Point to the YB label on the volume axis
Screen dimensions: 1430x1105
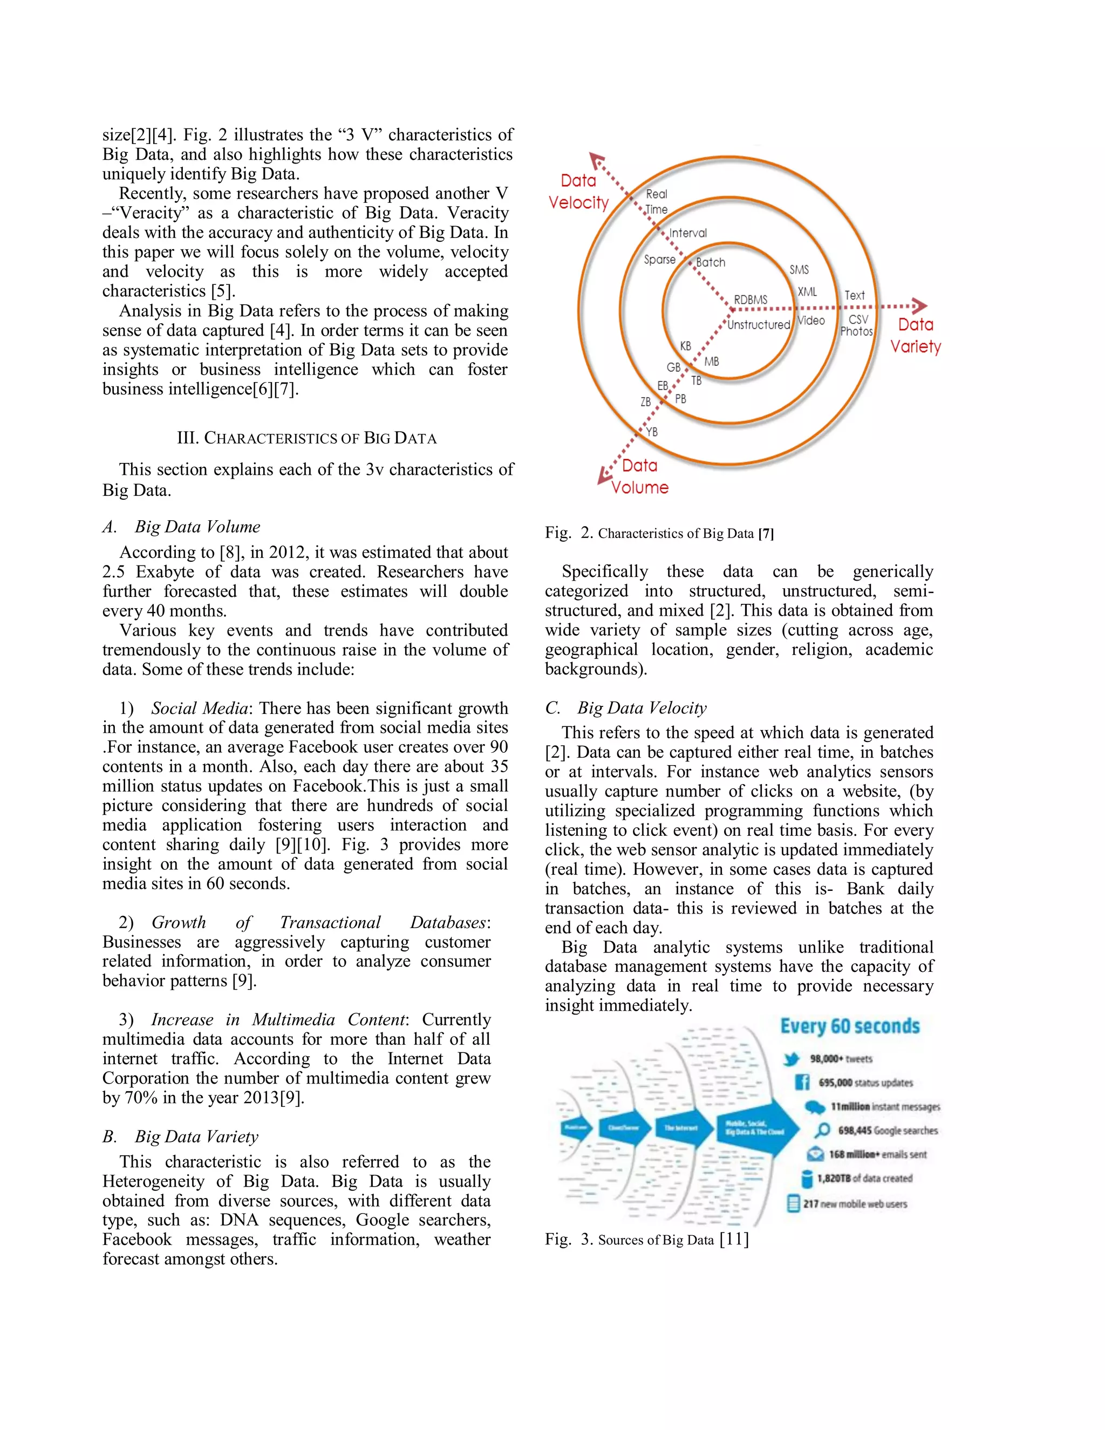click(651, 432)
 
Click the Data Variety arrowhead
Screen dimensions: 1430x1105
click(920, 306)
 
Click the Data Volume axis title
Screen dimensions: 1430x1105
click(639, 476)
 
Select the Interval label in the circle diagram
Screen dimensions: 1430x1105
click(687, 233)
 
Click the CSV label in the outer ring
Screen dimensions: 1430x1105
click(858, 319)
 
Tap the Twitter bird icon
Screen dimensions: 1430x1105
click(792, 1059)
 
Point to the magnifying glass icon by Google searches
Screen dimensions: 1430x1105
click(822, 1130)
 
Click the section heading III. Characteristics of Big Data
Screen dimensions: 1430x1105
click(306, 438)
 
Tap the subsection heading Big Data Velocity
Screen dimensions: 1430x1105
click(642, 708)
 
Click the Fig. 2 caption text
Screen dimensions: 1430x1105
click(659, 533)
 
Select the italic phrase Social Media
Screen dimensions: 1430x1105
click(200, 708)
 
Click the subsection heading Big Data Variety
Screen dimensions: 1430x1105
click(196, 1136)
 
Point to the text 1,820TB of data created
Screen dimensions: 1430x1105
click(864, 1178)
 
